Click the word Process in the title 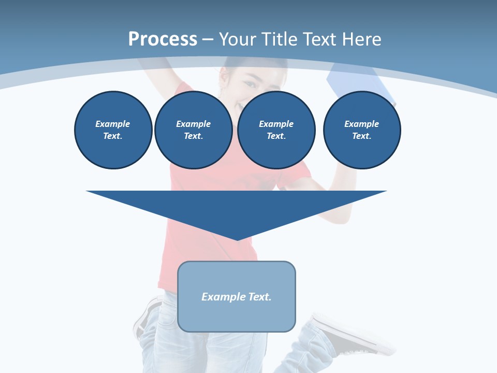(x=163, y=39)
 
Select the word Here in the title (x=361, y=39)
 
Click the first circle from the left (x=113, y=130)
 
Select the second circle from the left (x=193, y=130)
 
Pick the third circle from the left (x=276, y=130)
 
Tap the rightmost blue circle (x=361, y=130)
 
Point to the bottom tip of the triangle (x=237, y=239)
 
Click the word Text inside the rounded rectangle (x=260, y=297)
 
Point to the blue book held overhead (x=359, y=83)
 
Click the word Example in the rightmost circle (x=361, y=124)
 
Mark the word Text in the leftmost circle (x=113, y=136)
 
